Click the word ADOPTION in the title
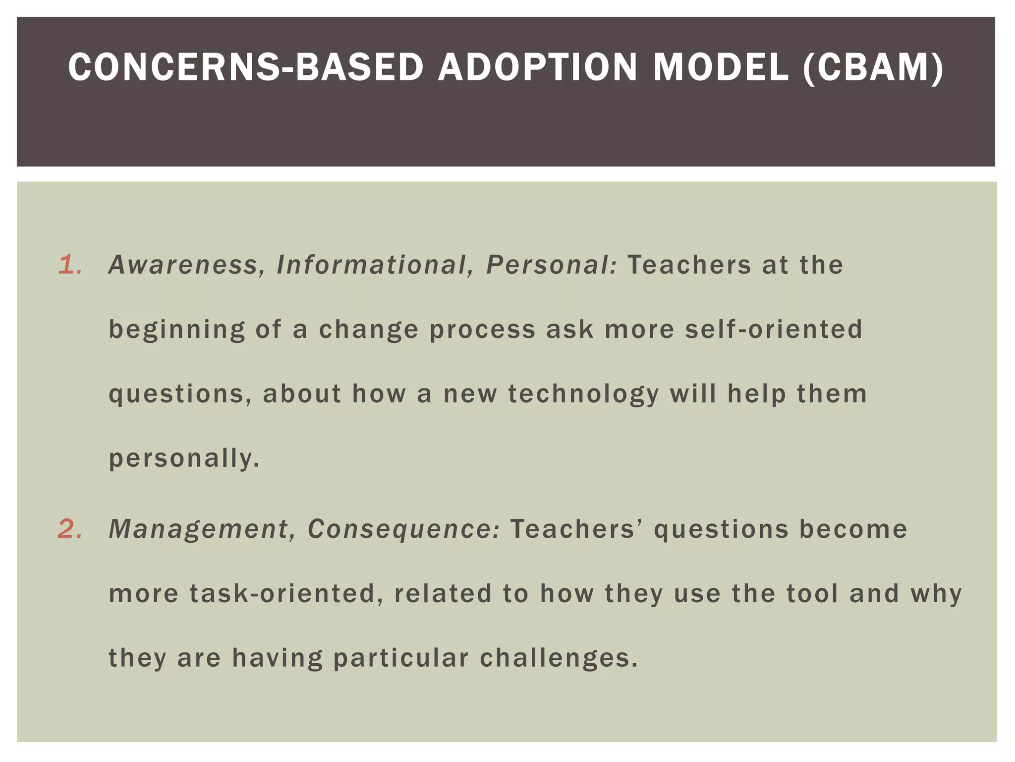click(x=538, y=67)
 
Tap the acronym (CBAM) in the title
click(x=873, y=67)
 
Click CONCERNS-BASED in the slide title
click(x=246, y=67)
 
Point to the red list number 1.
click(x=70, y=265)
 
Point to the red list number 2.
click(x=70, y=529)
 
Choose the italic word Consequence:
click(x=404, y=529)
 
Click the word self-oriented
click(x=774, y=329)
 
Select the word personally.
click(x=184, y=458)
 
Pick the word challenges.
click(x=559, y=658)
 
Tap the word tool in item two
click(x=812, y=593)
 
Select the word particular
click(x=401, y=658)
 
